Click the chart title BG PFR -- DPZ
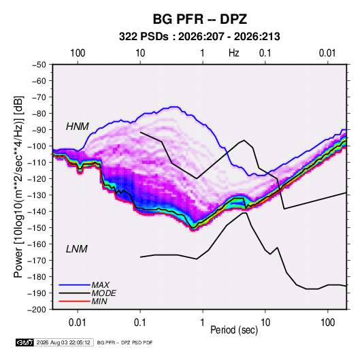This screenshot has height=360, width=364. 199,19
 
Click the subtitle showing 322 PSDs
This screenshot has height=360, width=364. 199,37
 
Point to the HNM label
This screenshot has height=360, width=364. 78,127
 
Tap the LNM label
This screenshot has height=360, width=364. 77,249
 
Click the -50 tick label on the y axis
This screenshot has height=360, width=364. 39,65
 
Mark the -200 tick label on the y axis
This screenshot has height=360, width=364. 37,310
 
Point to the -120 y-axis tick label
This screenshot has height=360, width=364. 37,179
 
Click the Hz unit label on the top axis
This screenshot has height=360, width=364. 234,53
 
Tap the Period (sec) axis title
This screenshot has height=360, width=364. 234,330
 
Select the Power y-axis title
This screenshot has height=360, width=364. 18,187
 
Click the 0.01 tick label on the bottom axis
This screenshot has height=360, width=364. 78,323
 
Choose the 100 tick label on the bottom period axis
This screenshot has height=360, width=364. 327,323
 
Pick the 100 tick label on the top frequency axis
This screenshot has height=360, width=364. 78,53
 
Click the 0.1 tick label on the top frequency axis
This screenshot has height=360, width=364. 265,53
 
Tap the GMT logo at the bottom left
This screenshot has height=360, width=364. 24,342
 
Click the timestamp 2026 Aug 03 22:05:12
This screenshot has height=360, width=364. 63,342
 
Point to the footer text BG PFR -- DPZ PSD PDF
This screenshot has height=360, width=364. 125,342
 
